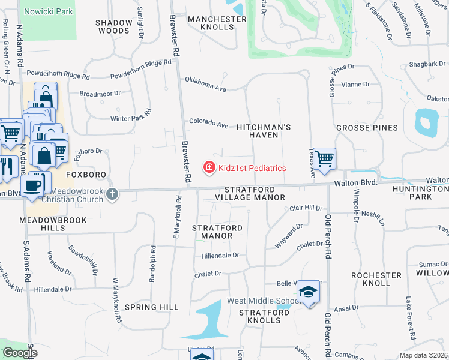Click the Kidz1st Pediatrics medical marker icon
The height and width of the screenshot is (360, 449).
(209, 167)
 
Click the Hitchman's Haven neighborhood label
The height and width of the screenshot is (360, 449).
(264, 131)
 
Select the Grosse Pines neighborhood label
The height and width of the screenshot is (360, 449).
(367, 128)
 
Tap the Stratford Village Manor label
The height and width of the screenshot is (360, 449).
(250, 193)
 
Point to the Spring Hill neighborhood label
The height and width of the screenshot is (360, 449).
(152, 307)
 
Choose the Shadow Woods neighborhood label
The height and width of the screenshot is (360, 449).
(113, 27)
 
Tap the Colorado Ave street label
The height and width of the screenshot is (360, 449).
(209, 122)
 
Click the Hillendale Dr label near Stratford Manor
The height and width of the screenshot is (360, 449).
(220, 255)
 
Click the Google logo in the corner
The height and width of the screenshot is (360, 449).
(20, 353)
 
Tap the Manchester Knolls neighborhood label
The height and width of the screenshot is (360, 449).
(217, 23)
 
